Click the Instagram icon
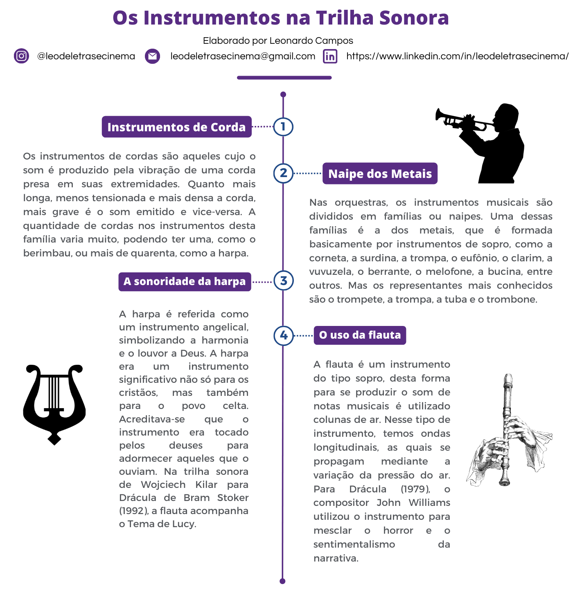tap(21, 56)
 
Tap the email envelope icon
tap(152, 56)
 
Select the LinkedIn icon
tap(330, 56)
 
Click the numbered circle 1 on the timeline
tap(283, 127)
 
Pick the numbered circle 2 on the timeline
tap(283, 173)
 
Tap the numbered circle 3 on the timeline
tap(283, 281)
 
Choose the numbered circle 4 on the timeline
tap(284, 335)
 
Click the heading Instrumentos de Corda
tap(176, 127)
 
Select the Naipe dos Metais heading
tap(380, 173)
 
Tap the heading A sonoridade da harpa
tap(185, 281)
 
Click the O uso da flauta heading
tap(360, 335)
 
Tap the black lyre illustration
tap(54, 403)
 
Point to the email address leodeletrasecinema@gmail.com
tap(243, 56)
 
